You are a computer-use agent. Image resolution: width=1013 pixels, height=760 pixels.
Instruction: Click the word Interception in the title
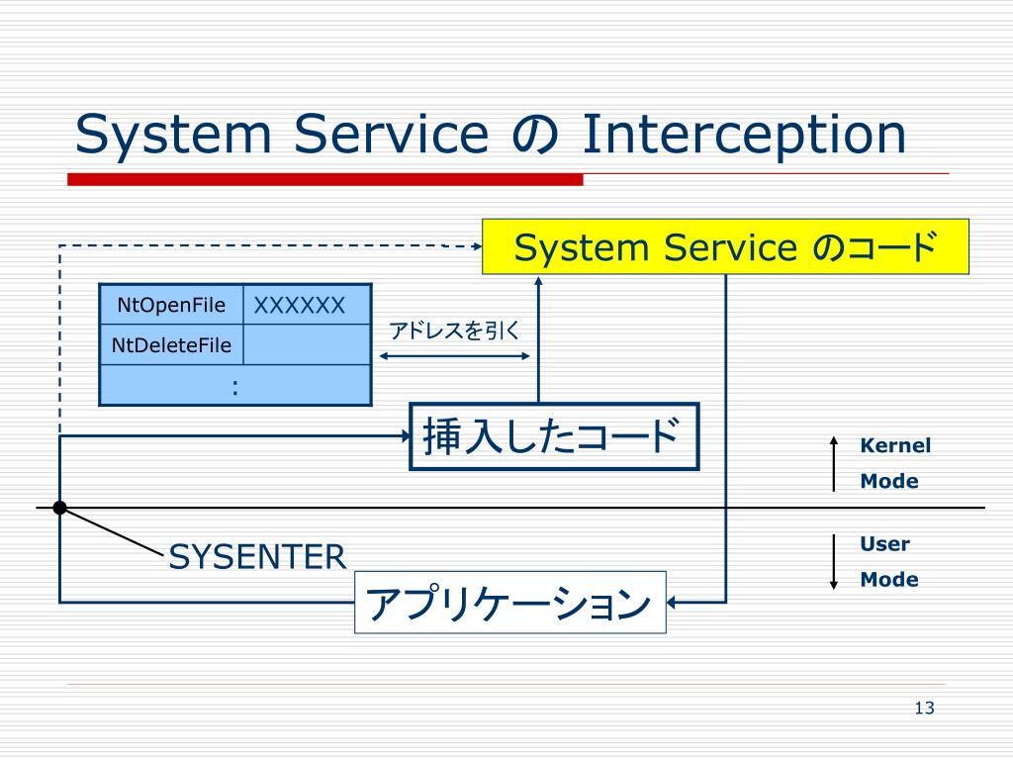pyautogui.click(x=744, y=135)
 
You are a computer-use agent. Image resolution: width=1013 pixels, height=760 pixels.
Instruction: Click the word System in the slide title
pyautogui.click(x=173, y=135)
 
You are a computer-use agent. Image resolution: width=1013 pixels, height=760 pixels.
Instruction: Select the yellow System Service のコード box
pyautogui.click(x=725, y=246)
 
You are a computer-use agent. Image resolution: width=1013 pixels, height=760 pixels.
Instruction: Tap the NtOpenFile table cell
pyautogui.click(x=171, y=305)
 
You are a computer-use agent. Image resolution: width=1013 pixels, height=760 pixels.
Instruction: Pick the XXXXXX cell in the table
pyautogui.click(x=308, y=305)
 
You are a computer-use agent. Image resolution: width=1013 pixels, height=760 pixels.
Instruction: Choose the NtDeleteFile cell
pyautogui.click(x=171, y=344)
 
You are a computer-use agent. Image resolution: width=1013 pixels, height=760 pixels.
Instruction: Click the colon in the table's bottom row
pyautogui.click(x=235, y=387)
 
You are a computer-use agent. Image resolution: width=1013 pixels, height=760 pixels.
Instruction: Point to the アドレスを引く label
pyautogui.click(x=454, y=331)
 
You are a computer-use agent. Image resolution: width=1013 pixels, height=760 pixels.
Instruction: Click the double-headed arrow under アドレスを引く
pyautogui.click(x=454, y=356)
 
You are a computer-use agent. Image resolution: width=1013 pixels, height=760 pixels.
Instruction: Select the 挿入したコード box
pyautogui.click(x=554, y=436)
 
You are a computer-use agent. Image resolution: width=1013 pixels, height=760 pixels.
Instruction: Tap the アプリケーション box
pyautogui.click(x=510, y=603)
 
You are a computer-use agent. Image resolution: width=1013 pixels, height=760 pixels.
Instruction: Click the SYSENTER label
pyautogui.click(x=257, y=557)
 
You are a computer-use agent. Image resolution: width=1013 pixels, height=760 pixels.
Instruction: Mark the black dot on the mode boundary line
pyautogui.click(x=60, y=508)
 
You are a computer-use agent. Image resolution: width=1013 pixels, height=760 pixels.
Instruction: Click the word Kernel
pyautogui.click(x=895, y=445)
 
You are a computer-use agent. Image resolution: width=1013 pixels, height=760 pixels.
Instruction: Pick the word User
pyautogui.click(x=884, y=544)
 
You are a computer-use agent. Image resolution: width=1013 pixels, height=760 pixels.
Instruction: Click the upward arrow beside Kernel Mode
pyautogui.click(x=834, y=464)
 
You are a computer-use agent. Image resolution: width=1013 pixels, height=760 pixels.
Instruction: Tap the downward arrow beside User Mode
pyautogui.click(x=834, y=562)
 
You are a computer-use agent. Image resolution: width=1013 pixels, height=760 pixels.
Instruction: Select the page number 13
pyautogui.click(x=925, y=709)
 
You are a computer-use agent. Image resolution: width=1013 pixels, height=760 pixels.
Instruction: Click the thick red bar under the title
pyautogui.click(x=325, y=180)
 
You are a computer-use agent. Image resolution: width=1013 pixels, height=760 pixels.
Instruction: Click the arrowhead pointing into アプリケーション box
pyautogui.click(x=672, y=603)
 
